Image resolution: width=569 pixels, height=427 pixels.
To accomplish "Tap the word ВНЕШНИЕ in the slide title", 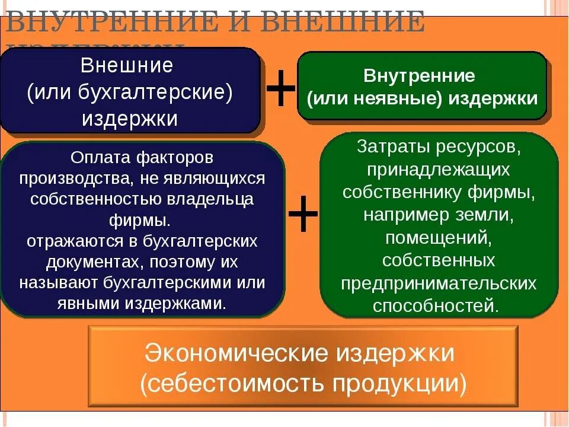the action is (x=342, y=24).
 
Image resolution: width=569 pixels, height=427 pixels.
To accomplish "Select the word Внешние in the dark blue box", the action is (x=126, y=65).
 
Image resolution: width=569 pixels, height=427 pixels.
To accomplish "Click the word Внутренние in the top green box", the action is (x=419, y=76).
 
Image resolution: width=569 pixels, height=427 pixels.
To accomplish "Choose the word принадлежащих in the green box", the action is (x=439, y=170).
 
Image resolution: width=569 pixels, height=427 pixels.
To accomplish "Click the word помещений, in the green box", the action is (x=439, y=237).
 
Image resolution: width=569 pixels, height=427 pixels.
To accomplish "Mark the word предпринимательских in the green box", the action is (x=439, y=283).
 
